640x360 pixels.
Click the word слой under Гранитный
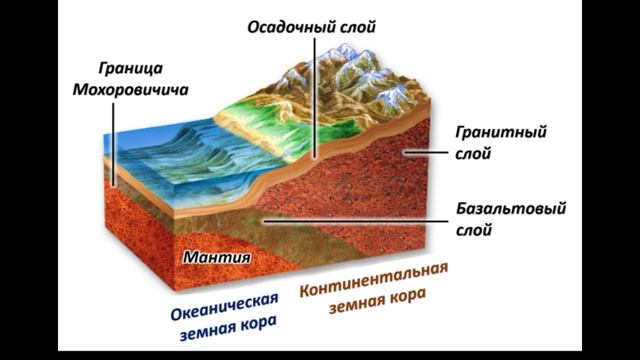click(x=474, y=154)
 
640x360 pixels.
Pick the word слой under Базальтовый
click(x=474, y=231)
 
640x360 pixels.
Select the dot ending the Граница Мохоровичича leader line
click(x=113, y=183)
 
